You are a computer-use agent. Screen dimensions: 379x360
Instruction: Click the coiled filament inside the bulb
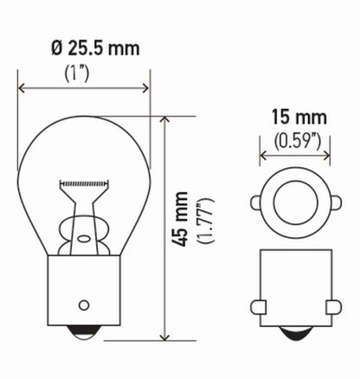pyautogui.click(x=84, y=184)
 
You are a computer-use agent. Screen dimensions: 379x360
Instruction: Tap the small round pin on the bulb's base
pyautogui.click(x=84, y=305)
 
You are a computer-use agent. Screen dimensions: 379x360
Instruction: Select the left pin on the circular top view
pyautogui.click(x=256, y=204)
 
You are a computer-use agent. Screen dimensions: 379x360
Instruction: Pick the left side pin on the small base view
pyautogui.click(x=257, y=306)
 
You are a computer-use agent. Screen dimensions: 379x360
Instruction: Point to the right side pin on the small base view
pyautogui.click(x=333, y=306)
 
